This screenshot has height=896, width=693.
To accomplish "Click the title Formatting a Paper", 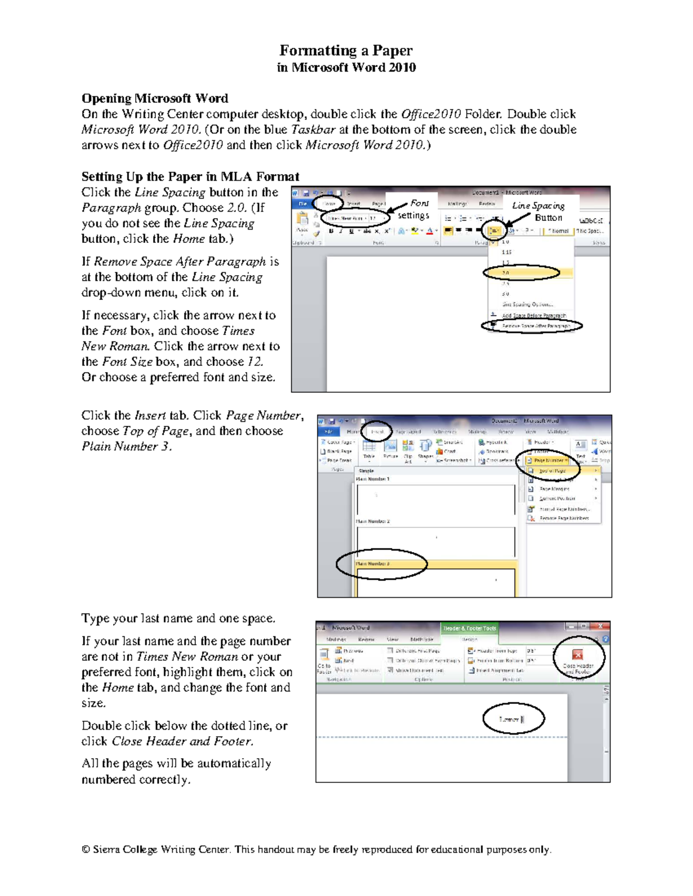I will [346, 51].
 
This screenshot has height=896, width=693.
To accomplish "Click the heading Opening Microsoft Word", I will [155, 98].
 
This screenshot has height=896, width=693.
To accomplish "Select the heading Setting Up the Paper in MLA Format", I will [190, 177].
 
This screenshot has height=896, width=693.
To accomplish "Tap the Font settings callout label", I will [414, 209].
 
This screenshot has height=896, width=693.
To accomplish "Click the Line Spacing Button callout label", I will [539, 211].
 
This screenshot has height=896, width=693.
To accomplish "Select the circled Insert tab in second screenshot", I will [378, 432].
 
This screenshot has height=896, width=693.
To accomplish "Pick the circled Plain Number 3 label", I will [374, 564].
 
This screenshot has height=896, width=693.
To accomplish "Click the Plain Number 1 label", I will [373, 479].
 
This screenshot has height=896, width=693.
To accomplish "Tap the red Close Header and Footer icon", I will [577, 654].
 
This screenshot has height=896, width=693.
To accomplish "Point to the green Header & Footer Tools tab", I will [469, 628].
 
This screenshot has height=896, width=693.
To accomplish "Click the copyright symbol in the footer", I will [85, 849].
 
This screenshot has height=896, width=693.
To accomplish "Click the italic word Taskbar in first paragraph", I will [313, 129].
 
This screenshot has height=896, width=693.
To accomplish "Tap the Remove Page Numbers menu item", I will [563, 519].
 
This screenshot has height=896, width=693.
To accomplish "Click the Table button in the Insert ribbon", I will [369, 448].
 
